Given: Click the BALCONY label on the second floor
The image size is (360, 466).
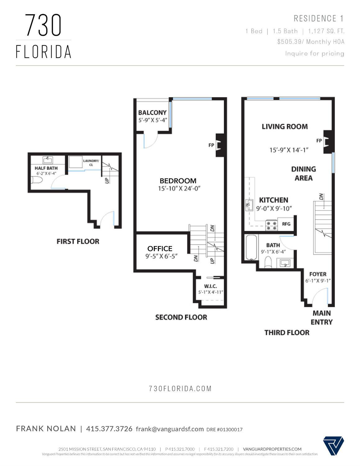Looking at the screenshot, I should click(x=152, y=113).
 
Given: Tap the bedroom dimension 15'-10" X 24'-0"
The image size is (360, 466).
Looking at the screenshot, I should click(x=178, y=188).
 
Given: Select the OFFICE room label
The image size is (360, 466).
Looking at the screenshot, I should click(x=160, y=248).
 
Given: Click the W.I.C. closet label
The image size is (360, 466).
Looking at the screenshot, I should click(x=210, y=286).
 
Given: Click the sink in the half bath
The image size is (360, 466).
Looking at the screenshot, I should click(x=48, y=160).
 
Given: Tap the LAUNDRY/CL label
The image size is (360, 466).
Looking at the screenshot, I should click(x=91, y=163).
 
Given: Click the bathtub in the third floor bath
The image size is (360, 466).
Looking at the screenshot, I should click(x=251, y=247).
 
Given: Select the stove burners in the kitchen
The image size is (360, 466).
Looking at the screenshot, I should click(x=271, y=225).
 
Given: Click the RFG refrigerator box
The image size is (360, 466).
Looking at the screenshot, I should click(x=286, y=224).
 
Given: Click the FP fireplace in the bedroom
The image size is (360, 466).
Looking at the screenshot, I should click(x=219, y=145).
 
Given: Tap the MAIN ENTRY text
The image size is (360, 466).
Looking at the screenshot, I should click(x=321, y=317).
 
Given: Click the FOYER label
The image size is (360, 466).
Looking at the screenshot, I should click(x=318, y=274).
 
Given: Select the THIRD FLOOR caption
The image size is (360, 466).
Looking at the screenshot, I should click(x=287, y=333).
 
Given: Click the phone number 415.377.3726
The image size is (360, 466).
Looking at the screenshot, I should click(x=109, y=429).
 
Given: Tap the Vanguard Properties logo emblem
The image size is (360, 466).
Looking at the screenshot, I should click(x=333, y=445).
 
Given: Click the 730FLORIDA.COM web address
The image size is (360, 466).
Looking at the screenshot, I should click(x=180, y=389).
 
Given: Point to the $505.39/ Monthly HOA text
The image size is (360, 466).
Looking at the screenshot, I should click(x=311, y=42).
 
